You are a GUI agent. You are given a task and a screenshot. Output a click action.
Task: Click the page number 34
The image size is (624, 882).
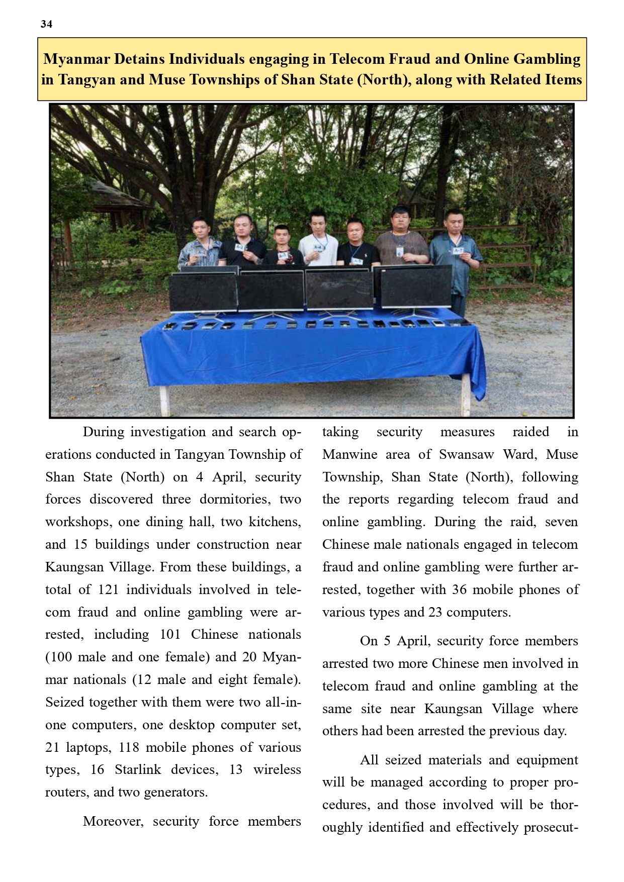pos(46,24)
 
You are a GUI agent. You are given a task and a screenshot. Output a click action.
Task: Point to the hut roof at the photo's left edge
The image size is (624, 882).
pos(108,193)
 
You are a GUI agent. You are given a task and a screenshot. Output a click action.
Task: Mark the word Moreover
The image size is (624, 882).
pos(113,821)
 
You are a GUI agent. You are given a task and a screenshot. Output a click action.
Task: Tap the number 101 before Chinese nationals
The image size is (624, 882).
pos(170,634)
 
